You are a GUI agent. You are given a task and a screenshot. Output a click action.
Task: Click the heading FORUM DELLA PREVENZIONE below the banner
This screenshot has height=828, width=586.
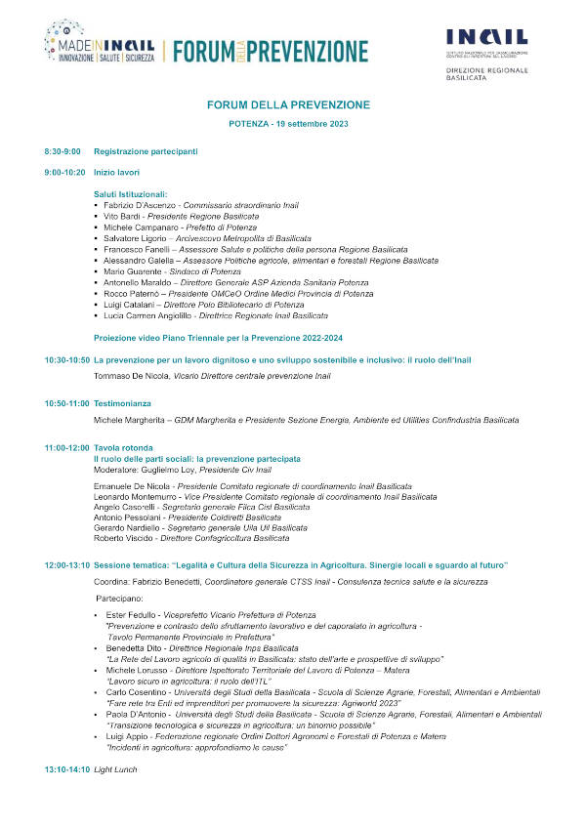coord(288,104)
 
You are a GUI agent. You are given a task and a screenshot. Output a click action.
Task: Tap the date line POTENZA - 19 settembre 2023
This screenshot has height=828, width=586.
coord(288,125)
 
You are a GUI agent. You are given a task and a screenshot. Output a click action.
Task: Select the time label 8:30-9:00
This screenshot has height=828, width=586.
coord(63,151)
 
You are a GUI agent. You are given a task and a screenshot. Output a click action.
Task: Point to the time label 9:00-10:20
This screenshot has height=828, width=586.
coord(64,173)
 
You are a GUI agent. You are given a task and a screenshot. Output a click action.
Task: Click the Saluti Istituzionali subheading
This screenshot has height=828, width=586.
coord(131,194)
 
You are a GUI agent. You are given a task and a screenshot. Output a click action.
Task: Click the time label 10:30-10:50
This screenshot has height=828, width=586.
coord(66,359)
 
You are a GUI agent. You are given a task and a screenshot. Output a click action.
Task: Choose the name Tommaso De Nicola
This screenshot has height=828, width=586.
coord(131,375)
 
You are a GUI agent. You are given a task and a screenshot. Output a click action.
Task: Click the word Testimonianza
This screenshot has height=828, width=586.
coord(122,403)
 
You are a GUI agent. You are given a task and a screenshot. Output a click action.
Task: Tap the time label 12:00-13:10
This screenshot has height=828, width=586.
coord(66,565)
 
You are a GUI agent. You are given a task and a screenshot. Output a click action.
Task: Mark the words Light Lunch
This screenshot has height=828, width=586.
coord(115,769)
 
